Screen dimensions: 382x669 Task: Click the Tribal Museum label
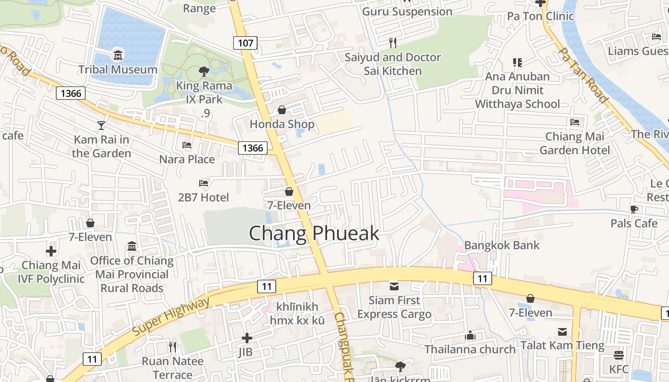point(118,70)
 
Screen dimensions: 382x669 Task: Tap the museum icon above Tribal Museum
point(118,56)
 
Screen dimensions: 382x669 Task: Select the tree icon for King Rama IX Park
point(204,72)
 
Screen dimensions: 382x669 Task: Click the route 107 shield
point(245,43)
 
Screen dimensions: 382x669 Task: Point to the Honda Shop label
point(282,125)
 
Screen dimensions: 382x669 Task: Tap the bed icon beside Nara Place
point(187,145)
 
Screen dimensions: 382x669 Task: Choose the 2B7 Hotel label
point(203,197)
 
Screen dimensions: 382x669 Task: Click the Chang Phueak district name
point(314,233)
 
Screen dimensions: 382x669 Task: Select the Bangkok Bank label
point(502,245)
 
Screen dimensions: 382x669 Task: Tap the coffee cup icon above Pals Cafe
point(634,209)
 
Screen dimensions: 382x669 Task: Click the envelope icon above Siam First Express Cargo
point(394,286)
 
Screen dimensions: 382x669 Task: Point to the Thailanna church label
point(470,350)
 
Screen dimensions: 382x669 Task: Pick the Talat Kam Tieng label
point(562,345)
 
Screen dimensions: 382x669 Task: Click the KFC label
point(619,369)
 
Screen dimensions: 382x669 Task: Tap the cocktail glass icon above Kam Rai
point(101,126)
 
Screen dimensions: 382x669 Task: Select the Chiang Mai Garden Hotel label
point(575,143)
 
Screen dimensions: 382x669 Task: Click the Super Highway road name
point(171,316)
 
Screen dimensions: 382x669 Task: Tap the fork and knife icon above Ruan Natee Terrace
point(173,347)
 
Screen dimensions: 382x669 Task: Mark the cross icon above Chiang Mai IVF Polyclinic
point(51,251)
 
